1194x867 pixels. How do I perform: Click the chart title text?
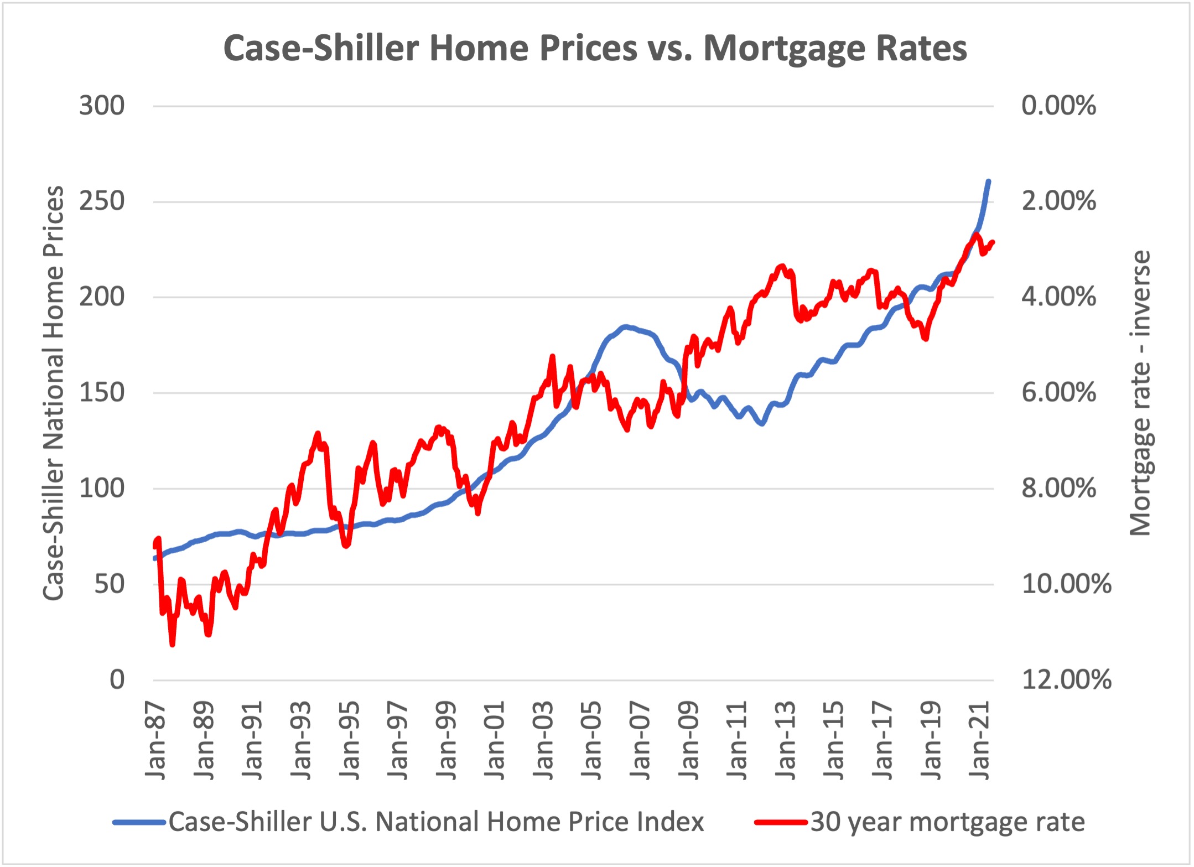point(595,48)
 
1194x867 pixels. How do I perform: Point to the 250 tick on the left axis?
point(102,201)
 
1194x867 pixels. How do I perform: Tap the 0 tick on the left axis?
point(117,679)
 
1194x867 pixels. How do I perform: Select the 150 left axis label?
point(102,393)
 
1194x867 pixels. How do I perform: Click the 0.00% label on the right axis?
point(1058,106)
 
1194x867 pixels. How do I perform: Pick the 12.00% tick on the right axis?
point(1066,679)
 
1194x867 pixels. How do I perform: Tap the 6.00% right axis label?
point(1058,393)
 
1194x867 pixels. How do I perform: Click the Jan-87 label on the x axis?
point(155,740)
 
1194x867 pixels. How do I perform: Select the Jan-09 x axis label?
point(689,740)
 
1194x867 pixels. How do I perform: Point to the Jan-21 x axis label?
point(980,740)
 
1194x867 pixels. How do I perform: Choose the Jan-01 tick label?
point(495,740)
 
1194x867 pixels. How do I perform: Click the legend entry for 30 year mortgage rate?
point(947,822)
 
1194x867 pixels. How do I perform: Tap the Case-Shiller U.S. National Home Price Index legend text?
point(436,822)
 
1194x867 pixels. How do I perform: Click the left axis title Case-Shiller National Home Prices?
point(54,393)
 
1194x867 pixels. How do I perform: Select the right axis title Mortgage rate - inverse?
point(1140,393)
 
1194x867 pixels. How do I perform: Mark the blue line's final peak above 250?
point(988,181)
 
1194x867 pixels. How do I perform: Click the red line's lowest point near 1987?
point(173,644)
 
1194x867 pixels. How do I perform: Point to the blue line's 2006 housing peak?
point(625,327)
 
